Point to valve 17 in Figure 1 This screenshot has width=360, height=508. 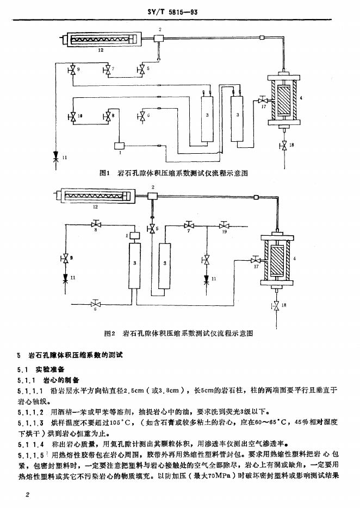tap(262, 101)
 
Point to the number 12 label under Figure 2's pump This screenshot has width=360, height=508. tap(95, 207)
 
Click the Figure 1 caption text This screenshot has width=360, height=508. tap(174, 174)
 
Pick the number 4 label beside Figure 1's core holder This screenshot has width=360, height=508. tap(308, 98)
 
